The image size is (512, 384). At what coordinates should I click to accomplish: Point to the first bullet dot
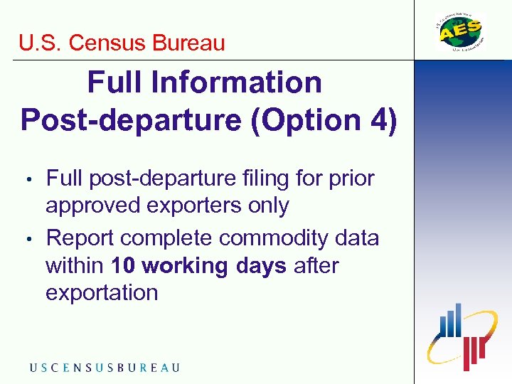(29, 179)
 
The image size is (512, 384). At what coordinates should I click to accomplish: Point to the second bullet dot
(29, 239)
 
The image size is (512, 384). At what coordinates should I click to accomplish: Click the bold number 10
(123, 266)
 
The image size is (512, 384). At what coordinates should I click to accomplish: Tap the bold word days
(262, 266)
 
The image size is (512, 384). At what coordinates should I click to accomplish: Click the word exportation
(102, 293)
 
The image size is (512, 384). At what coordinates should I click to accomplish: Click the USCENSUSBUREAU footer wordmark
(105, 368)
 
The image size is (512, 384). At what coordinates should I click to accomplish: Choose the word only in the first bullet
(270, 206)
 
